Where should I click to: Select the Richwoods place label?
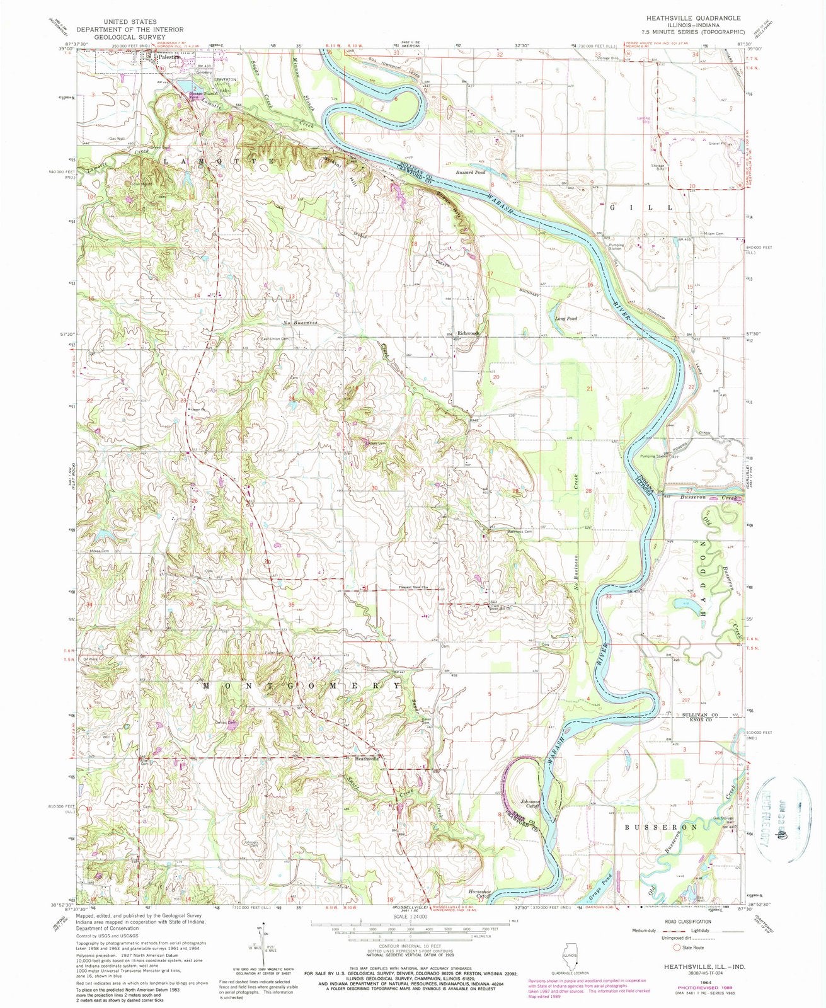469,333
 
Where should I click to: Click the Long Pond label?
566,319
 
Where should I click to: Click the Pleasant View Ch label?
413,588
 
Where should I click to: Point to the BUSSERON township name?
662,826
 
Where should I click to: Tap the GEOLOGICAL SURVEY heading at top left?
129,37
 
